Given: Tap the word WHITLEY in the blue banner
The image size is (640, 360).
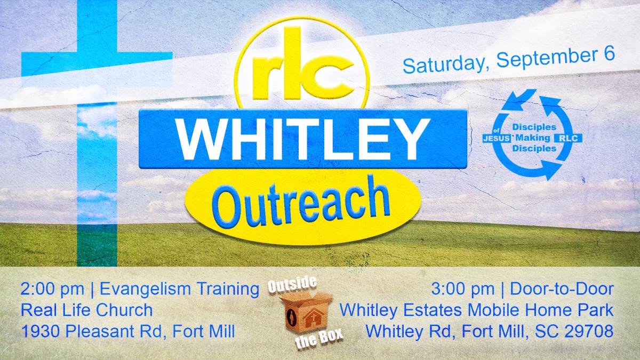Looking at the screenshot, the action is coord(303,139).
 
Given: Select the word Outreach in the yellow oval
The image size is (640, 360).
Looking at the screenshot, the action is coord(302,203).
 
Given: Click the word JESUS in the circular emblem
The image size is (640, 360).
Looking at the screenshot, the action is coord(497,139).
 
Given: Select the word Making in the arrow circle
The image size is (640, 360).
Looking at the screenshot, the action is coord(533,138).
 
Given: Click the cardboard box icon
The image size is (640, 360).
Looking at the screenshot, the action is coord(306,311).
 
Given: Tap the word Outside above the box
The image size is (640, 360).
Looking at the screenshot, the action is coord(292,285).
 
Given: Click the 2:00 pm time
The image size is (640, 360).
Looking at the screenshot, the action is coord(52,289).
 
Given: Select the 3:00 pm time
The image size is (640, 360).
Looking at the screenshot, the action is coord(463,289).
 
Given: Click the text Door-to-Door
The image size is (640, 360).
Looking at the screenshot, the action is coord(562,289).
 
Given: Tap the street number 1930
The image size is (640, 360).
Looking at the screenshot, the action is coord(41,331).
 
